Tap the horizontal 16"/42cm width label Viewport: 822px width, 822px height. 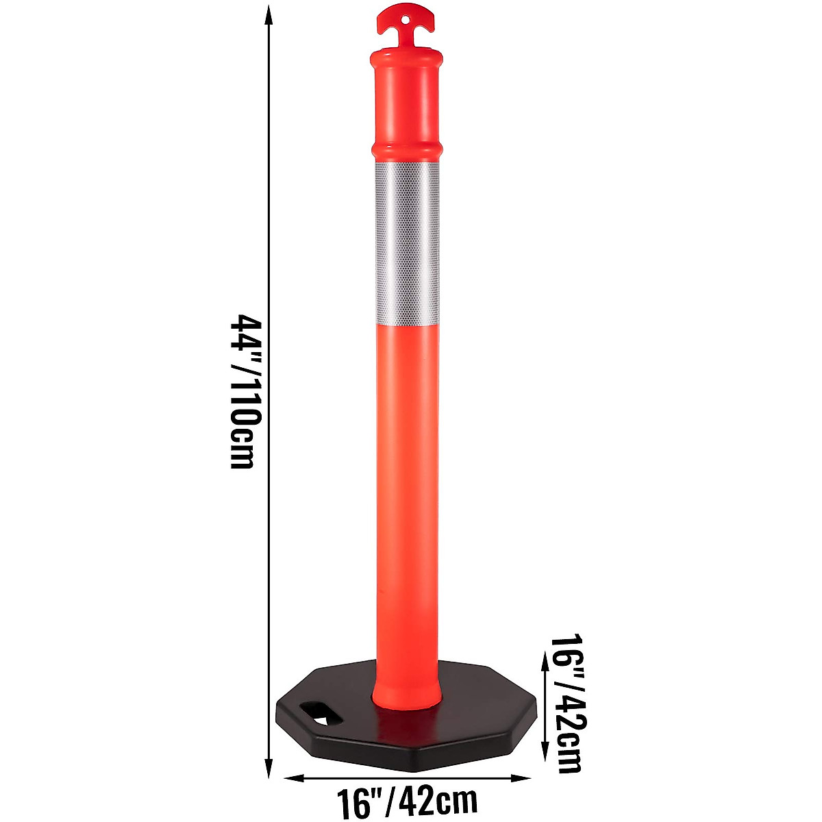tap(406, 800)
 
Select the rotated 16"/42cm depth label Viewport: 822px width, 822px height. tap(568, 702)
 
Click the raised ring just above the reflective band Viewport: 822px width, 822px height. tap(407, 151)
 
